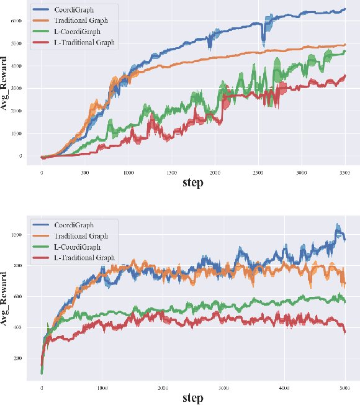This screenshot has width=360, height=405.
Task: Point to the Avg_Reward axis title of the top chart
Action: coord(6,87)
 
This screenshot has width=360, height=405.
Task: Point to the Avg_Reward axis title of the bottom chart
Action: coord(6,300)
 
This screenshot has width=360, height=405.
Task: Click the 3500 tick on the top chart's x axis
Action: coord(344,172)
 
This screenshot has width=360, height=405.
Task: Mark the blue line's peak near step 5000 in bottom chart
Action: coord(338,226)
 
